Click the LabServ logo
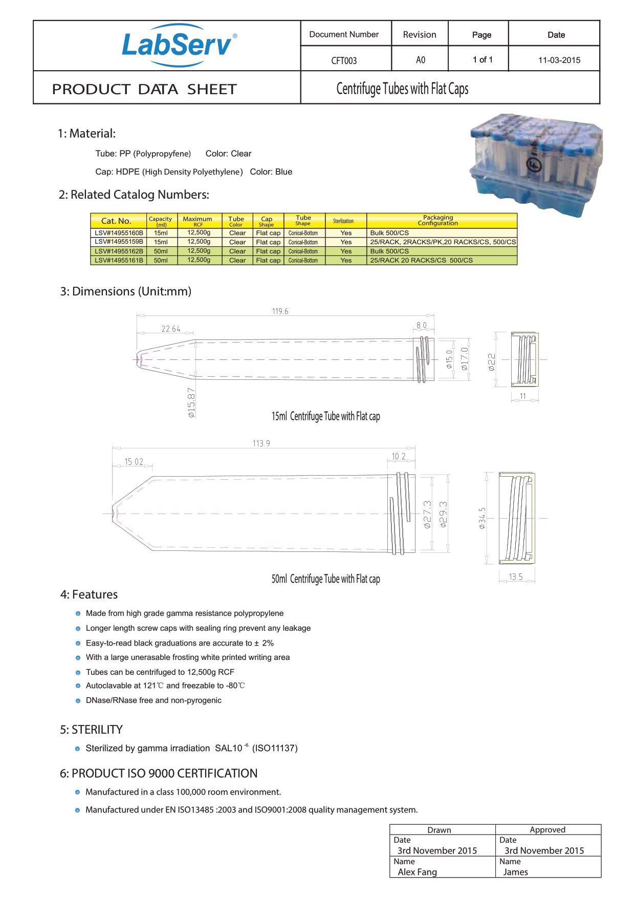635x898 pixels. tap(178, 45)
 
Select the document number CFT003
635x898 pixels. tap(344, 60)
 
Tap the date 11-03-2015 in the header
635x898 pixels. tap(559, 60)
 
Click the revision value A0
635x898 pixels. tap(420, 60)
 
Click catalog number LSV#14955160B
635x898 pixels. tap(119, 233)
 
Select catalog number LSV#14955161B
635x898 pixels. tap(119, 260)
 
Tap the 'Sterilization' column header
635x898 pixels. tap(343, 221)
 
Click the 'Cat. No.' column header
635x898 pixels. tap(117, 221)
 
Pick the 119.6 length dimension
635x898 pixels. tap(280, 311)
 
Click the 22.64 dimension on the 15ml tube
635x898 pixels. tap(171, 329)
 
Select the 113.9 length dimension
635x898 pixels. tap(261, 443)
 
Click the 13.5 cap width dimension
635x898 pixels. tap(516, 577)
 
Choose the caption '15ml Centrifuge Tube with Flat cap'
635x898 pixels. tap(325, 416)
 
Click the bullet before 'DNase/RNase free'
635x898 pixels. tap(78, 700)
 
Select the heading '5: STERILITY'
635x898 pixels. tap(92, 730)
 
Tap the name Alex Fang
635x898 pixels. tap(418, 872)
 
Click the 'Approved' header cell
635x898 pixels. tap(548, 830)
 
